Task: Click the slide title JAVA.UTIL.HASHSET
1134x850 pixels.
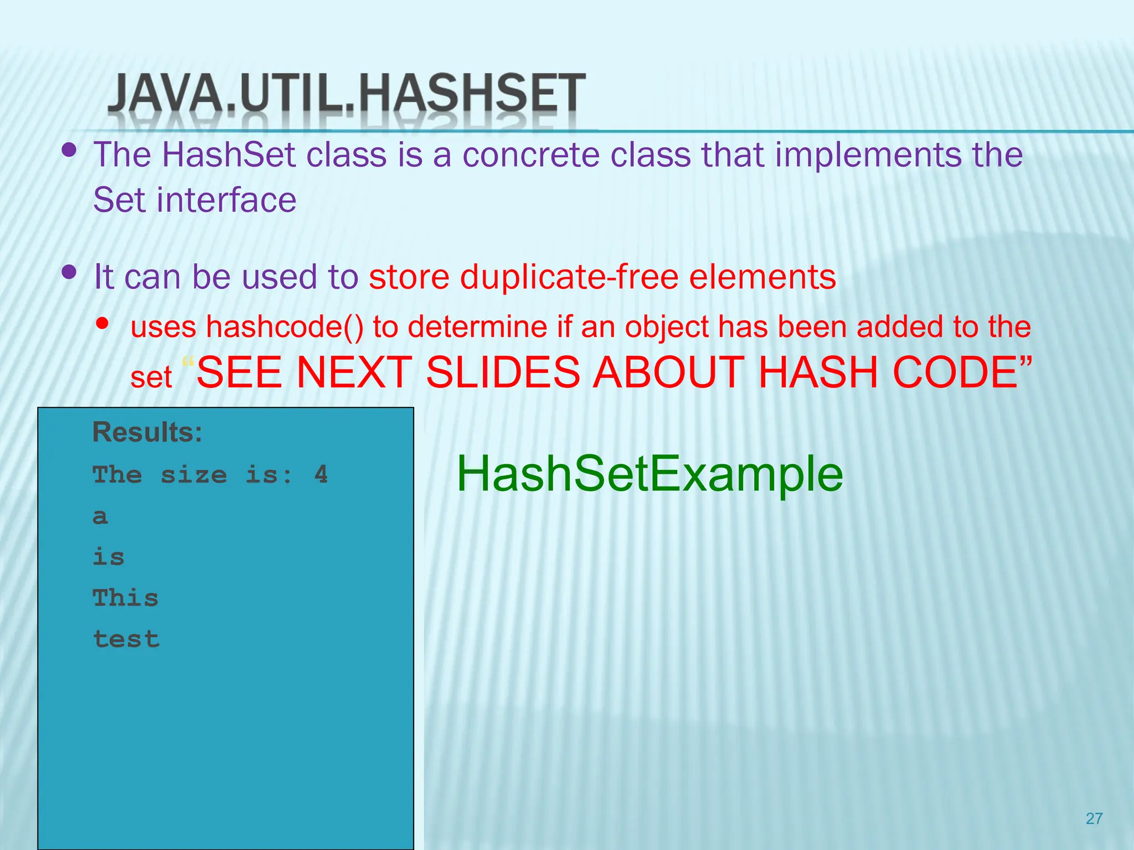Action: coord(346,94)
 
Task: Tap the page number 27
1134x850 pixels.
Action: coord(1094,818)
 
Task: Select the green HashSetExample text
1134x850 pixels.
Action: coord(649,474)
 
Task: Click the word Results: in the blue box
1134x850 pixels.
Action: coord(147,432)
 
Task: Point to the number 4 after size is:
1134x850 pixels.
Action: coord(321,475)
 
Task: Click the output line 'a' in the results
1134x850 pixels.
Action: coord(100,516)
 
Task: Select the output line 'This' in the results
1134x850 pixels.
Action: coord(126,598)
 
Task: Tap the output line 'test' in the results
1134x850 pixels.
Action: coord(126,639)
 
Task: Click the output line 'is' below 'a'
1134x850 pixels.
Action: coord(109,557)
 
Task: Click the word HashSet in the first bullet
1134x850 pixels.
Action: coord(229,154)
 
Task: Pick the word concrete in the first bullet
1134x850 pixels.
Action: coord(530,154)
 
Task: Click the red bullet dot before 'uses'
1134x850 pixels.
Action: coord(102,323)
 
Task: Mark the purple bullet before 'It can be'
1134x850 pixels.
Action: coord(69,272)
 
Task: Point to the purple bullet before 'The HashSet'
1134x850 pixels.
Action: coord(69,150)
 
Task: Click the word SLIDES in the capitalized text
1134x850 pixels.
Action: coord(502,372)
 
